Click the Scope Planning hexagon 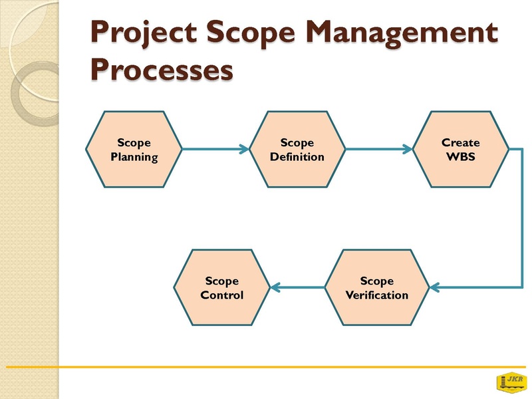134,149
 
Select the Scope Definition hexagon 297,149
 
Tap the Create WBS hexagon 460,149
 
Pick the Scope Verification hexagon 377,288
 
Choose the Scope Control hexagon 222,288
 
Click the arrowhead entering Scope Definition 244,149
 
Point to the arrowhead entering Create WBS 408,149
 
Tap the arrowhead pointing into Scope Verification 435,287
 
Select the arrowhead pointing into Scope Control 275,287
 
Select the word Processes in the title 162,70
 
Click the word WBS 460,157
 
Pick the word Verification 377,295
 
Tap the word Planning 134,158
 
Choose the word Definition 297,157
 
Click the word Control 222,295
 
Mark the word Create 460,142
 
